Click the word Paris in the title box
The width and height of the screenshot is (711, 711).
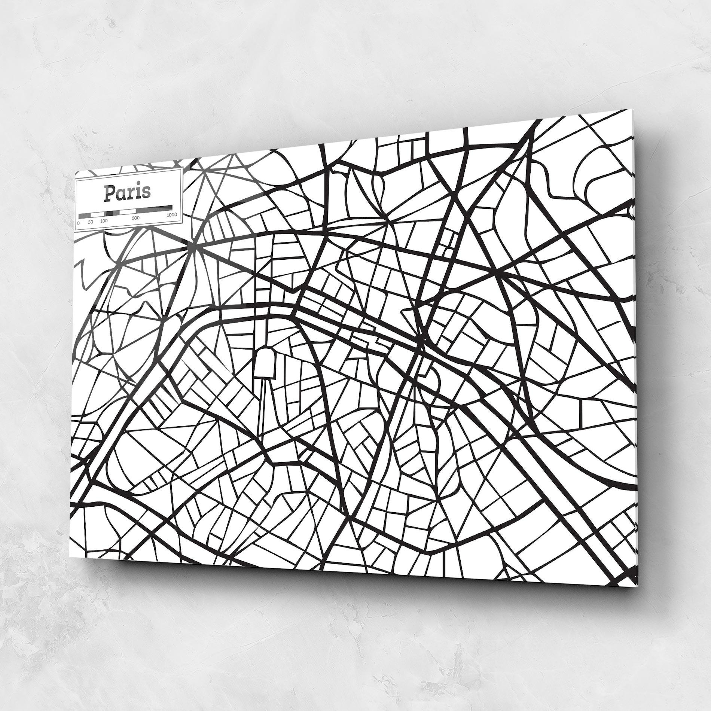pos(127,192)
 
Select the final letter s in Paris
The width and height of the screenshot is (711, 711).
pos(146,192)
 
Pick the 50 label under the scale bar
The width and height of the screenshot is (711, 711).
pos(90,222)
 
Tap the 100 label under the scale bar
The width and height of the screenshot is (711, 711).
pos(104,221)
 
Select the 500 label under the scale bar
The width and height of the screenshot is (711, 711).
pos(135,218)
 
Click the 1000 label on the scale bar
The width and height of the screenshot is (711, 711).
pos(172,214)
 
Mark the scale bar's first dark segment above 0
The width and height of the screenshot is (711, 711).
pos(85,216)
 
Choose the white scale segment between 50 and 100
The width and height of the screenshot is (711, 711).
pos(97,214)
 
